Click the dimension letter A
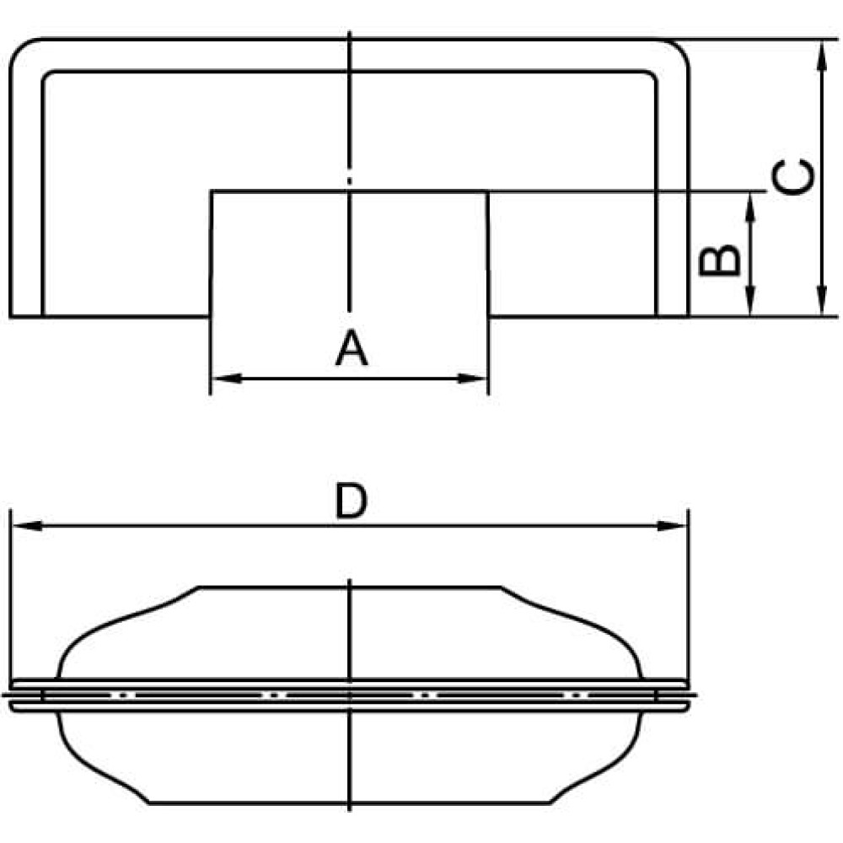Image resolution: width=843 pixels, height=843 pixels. (352, 348)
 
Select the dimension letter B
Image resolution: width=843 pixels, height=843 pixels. (719, 260)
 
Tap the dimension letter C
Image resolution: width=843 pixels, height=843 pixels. (792, 177)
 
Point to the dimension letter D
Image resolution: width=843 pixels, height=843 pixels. (351, 501)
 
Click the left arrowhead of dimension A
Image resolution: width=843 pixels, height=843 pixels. (226, 379)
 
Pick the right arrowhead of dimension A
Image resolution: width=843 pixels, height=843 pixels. (471, 379)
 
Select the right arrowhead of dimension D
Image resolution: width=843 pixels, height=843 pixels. (672, 526)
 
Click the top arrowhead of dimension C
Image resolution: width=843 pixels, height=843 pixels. (821, 56)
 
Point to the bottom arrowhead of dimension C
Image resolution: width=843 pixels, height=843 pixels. (821, 300)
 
